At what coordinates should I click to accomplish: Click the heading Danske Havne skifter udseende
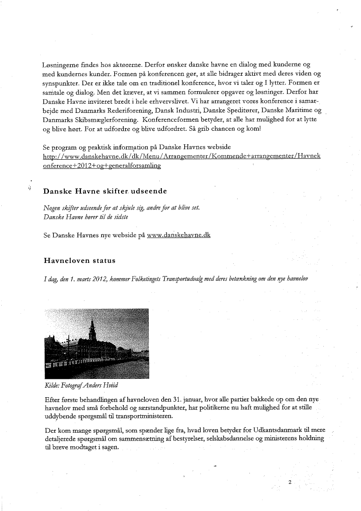105,191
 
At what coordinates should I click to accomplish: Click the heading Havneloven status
79,261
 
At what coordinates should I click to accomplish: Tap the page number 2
290,482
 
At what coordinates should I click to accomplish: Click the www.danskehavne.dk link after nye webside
179,235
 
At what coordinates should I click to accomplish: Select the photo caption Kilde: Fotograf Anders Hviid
81,385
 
